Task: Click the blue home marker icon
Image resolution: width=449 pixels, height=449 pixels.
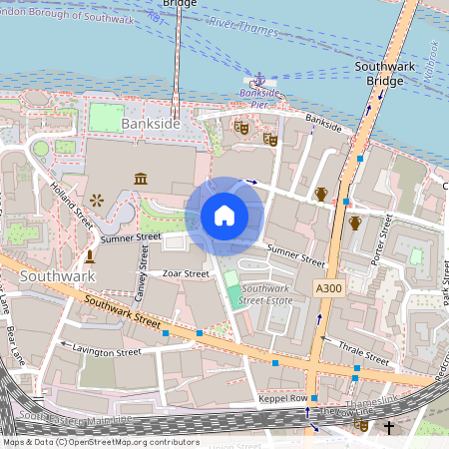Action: (224, 216)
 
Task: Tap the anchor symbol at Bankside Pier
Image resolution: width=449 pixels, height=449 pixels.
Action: (257, 78)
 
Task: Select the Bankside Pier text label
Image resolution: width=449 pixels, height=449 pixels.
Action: (257, 98)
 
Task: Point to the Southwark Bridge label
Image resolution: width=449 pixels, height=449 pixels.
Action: (378, 73)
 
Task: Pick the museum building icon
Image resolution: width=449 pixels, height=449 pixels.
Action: (141, 179)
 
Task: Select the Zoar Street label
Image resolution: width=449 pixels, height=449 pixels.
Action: (185, 273)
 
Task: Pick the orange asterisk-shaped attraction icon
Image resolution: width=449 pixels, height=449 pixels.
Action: (97, 201)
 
